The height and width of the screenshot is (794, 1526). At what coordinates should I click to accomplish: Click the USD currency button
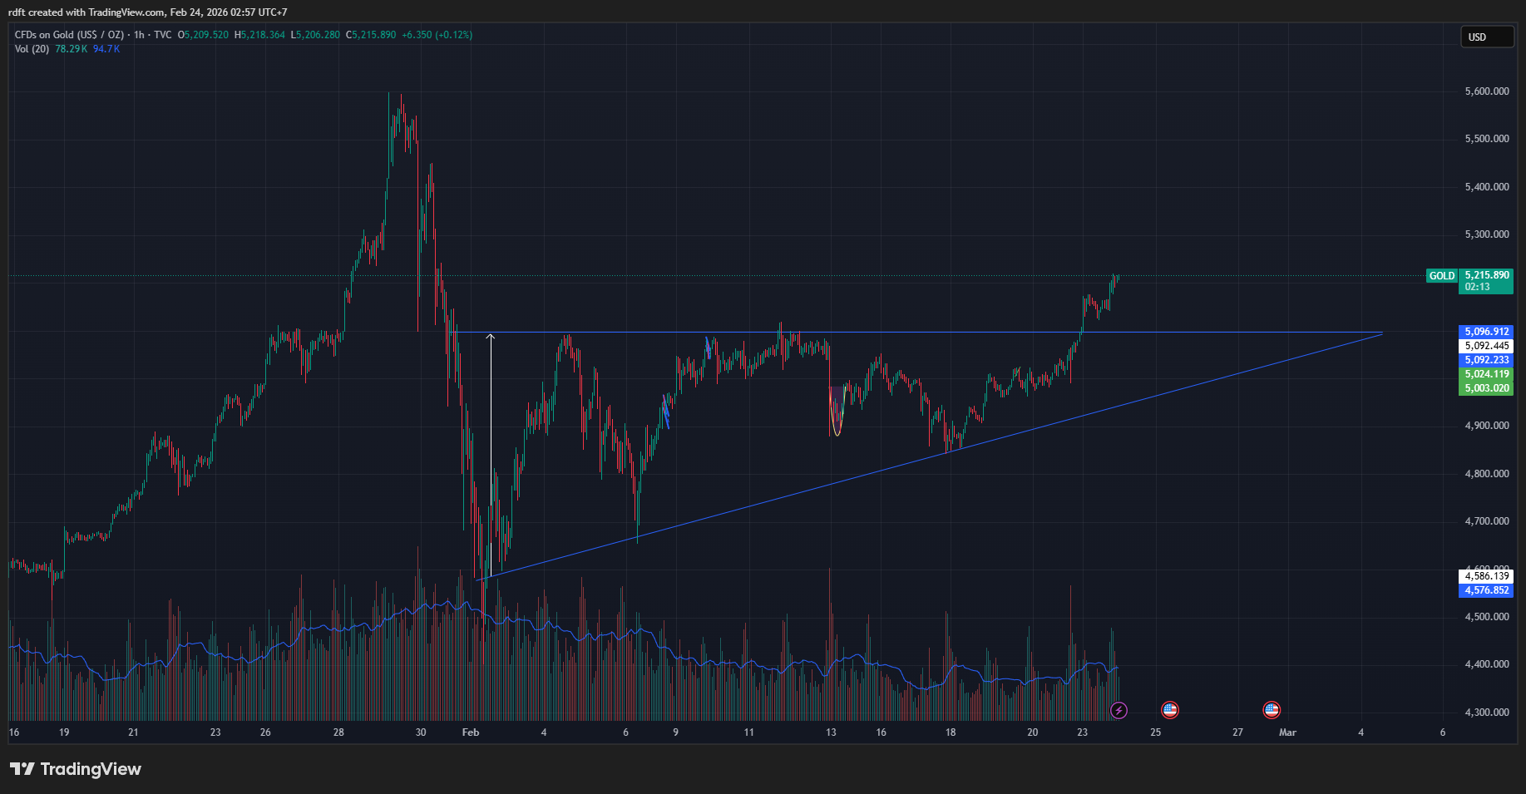tap(1487, 37)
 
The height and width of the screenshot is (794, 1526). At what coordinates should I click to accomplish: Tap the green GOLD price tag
tap(1442, 276)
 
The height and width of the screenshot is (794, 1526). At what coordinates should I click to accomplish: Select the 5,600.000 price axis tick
tap(1487, 91)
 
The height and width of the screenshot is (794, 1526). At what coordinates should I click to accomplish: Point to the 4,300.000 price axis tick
tap(1487, 713)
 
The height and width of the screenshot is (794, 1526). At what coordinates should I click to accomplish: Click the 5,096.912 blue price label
tap(1487, 332)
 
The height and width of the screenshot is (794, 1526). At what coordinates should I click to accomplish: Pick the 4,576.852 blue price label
tap(1487, 590)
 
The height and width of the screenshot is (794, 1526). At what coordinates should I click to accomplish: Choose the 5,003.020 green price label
tap(1487, 388)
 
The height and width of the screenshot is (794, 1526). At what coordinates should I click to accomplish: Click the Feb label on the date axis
tap(471, 732)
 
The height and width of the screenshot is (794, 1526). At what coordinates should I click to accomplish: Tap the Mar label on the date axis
tap(1287, 732)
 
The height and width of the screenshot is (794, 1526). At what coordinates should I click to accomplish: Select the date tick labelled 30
tap(421, 732)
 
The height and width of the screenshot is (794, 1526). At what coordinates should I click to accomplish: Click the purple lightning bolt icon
tap(1119, 710)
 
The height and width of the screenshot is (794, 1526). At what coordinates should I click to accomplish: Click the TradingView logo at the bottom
tap(76, 769)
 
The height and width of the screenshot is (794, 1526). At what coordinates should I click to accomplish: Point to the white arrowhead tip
tap(491, 335)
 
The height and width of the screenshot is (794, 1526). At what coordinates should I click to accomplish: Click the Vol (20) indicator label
tap(32, 49)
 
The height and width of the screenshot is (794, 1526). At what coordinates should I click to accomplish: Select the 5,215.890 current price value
tap(1487, 275)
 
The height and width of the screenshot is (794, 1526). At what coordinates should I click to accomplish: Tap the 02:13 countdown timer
tap(1478, 287)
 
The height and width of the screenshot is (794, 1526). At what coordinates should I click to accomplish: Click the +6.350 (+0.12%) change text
tap(437, 35)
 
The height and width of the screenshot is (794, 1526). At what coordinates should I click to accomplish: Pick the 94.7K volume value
tap(106, 49)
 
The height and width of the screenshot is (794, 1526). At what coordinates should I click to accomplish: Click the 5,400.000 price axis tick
tap(1487, 187)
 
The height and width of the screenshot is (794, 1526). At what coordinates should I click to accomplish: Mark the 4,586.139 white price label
tap(1487, 576)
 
